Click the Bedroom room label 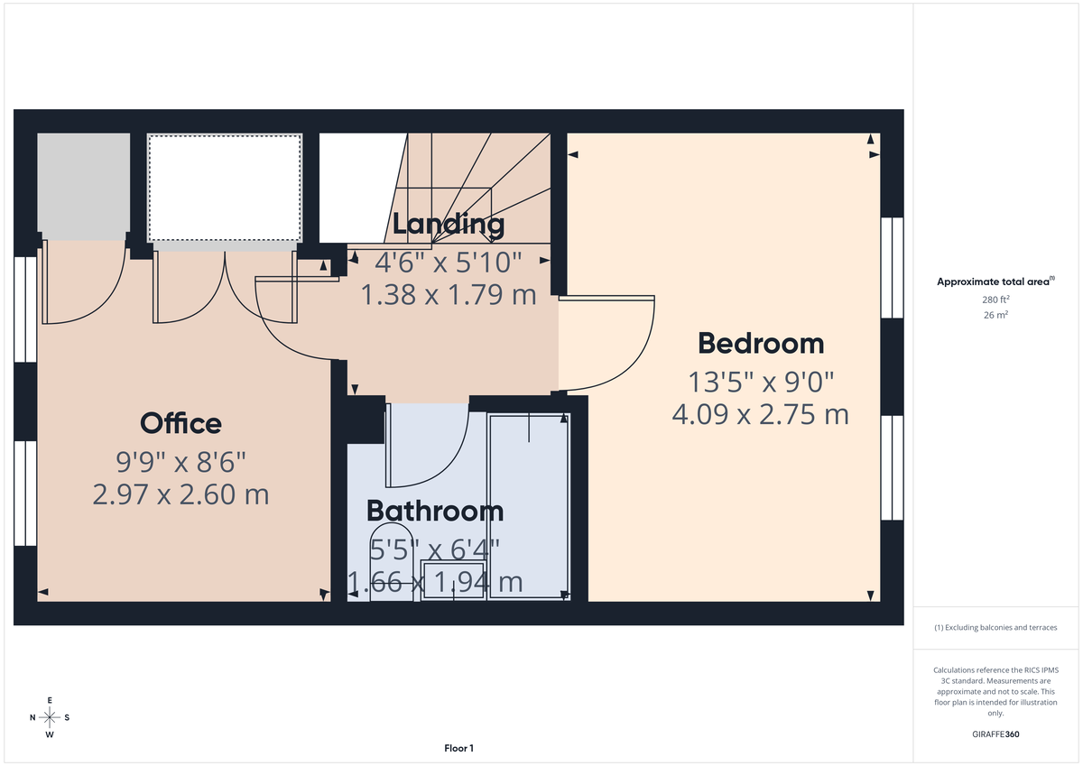(761, 344)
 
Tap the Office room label (180, 423)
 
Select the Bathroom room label (434, 511)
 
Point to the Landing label (448, 225)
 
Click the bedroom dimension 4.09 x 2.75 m (760, 414)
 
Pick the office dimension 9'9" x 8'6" (180, 463)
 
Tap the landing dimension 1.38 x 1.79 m (449, 294)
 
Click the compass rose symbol (50, 717)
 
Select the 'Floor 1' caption (458, 748)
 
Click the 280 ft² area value (995, 300)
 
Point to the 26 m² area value (995, 315)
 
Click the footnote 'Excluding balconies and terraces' (995, 627)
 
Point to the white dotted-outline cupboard (224, 187)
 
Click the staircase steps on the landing (469, 180)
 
